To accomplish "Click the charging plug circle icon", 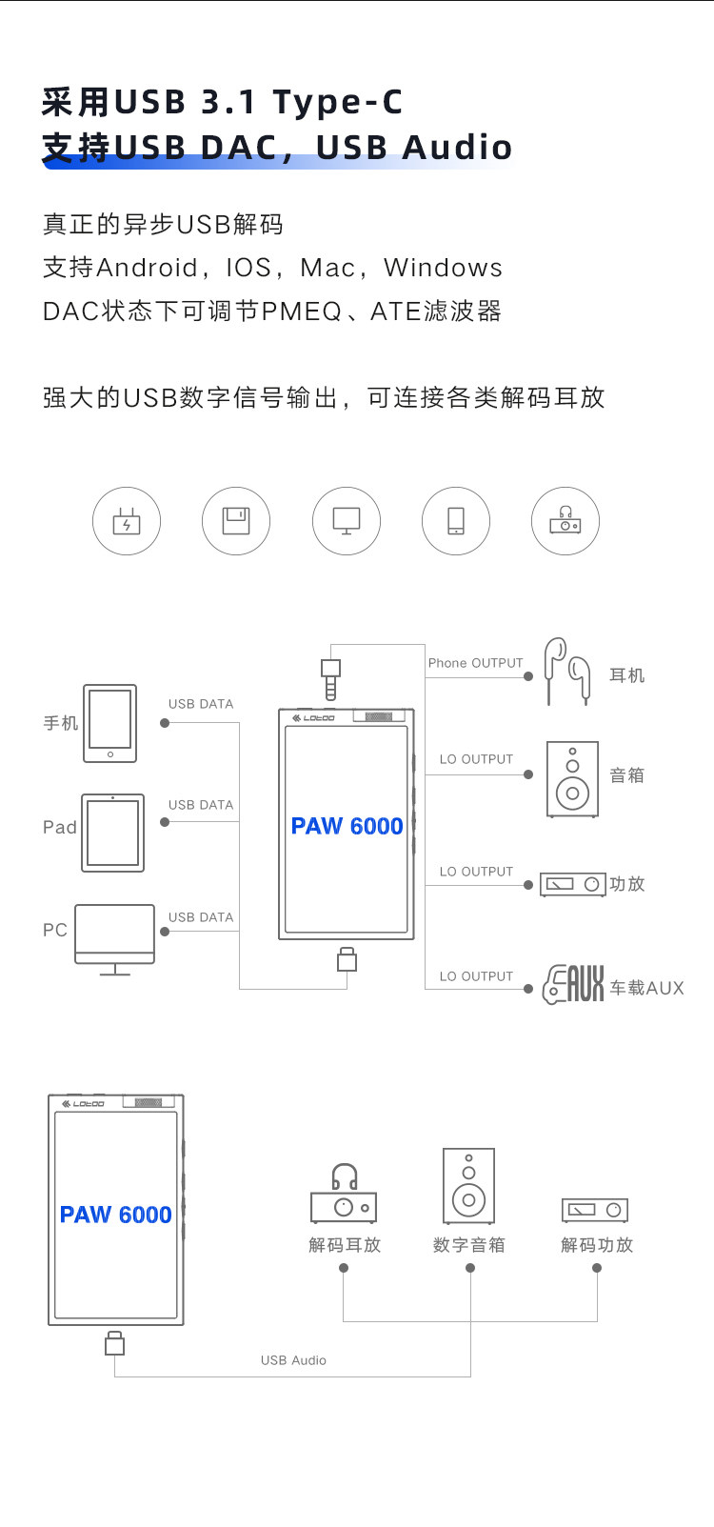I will click(127, 521).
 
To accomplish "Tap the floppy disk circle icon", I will click(236, 521).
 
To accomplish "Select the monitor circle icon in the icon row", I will click(347, 521).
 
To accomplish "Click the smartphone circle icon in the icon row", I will click(456, 521).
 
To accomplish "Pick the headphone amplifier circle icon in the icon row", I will click(565, 521).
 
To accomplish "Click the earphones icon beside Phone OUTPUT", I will click(567, 672).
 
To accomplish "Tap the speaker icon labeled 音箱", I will click(572, 779).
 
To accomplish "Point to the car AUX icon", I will click(573, 985).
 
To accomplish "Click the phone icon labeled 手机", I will click(110, 723).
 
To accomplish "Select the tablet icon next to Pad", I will click(113, 833).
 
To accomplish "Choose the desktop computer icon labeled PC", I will click(114, 938).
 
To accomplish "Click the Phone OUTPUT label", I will click(475, 663).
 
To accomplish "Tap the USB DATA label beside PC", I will click(201, 917).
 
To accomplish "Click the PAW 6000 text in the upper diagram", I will click(347, 826).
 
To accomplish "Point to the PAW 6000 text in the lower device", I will click(115, 1215).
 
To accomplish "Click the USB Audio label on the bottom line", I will click(293, 1360).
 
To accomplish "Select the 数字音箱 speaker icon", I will click(468, 1186).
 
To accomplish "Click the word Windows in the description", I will click(443, 268).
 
